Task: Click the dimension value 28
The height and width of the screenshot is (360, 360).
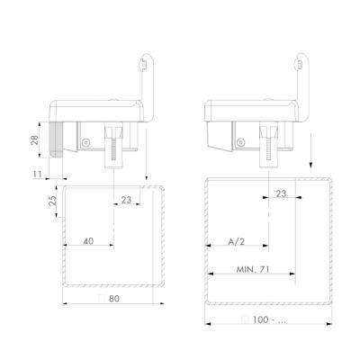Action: pyautogui.click(x=35, y=139)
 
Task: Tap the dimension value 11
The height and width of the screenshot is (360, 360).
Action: pyautogui.click(x=38, y=175)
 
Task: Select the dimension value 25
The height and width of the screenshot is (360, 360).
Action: pyautogui.click(x=52, y=201)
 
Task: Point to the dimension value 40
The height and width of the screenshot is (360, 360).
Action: pyautogui.click(x=88, y=241)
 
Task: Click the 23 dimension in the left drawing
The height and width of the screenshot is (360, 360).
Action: pyautogui.click(x=127, y=200)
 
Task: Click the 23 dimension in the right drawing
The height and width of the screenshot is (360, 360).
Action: pyautogui.click(x=281, y=193)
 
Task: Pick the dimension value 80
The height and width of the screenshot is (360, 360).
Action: pyautogui.click(x=114, y=299)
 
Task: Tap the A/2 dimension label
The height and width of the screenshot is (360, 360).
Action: pyautogui.click(x=237, y=241)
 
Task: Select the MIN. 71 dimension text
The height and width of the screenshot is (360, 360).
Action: pyautogui.click(x=253, y=270)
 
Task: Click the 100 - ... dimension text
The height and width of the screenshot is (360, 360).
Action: pyautogui.click(x=269, y=319)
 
